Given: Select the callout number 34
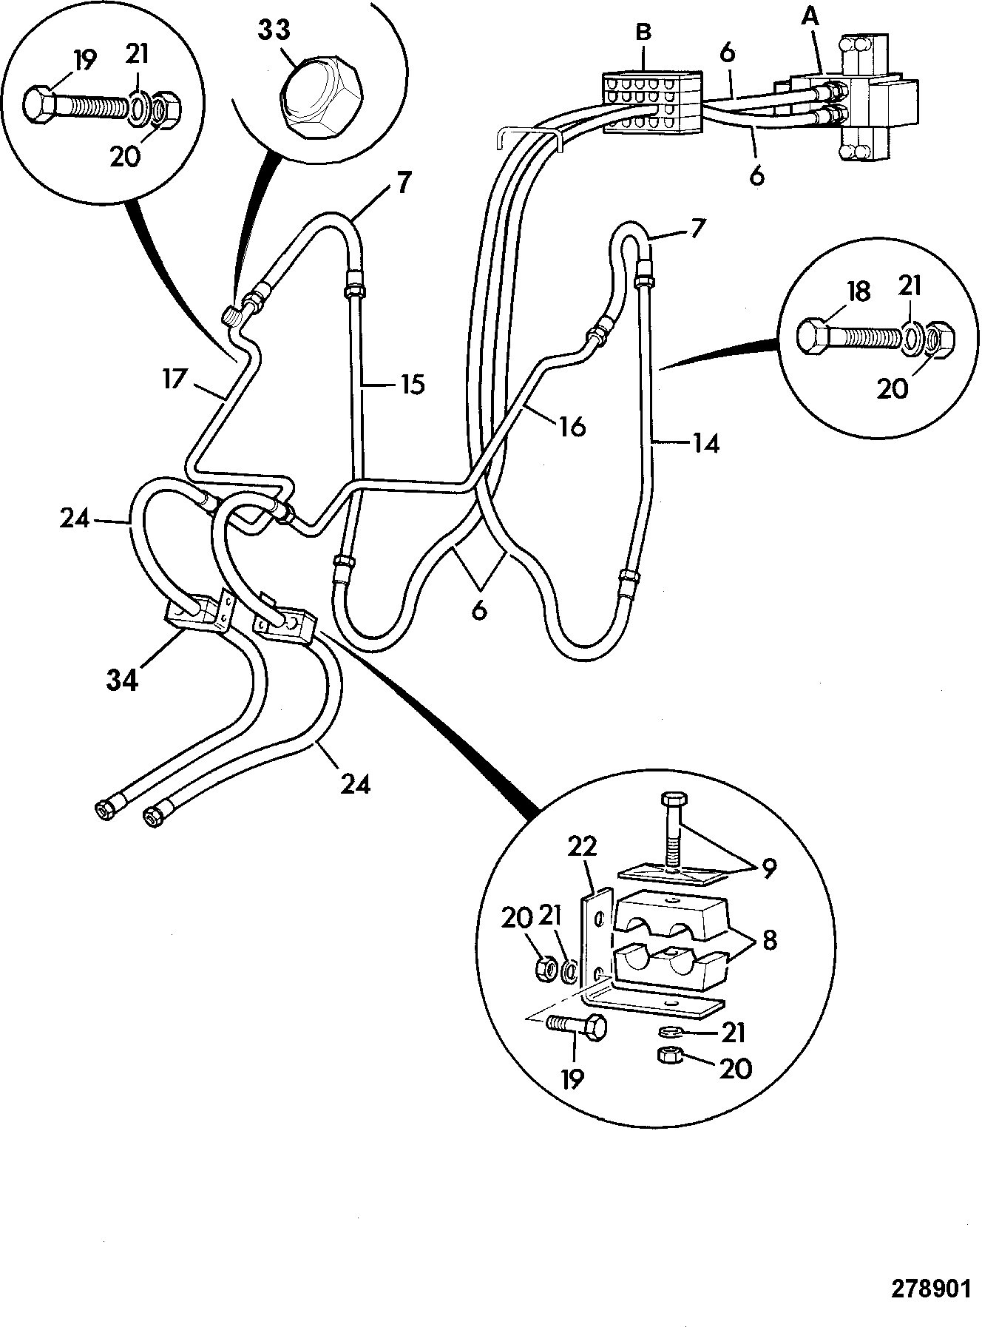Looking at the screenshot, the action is point(122,679).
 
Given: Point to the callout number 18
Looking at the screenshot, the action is point(859,291).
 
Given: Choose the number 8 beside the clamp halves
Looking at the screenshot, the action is point(769,941).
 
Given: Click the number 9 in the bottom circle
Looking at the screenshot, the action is point(769,869).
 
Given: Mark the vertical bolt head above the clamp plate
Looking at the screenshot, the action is point(672,800).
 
